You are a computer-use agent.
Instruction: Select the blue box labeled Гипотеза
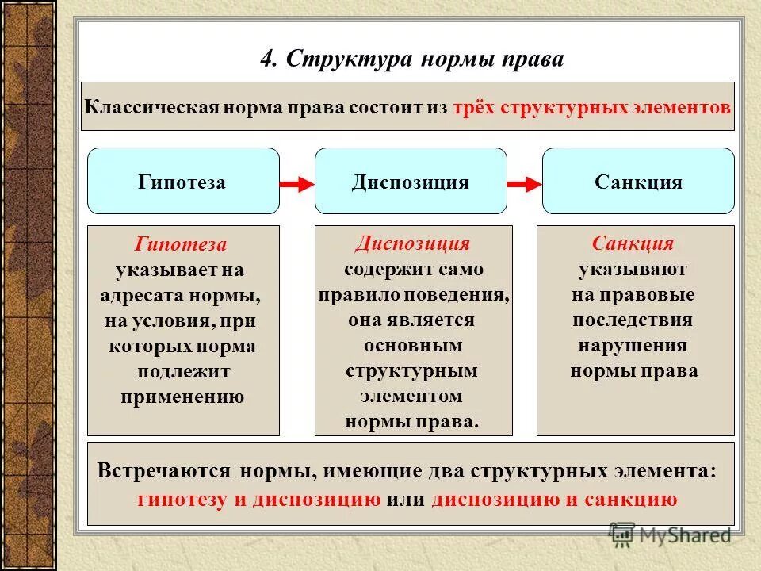tap(183, 182)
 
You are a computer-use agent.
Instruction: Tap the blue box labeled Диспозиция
tap(411, 182)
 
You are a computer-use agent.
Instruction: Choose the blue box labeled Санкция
tap(638, 182)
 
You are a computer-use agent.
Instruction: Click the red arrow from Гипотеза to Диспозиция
tap(297, 184)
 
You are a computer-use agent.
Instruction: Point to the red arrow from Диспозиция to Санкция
tap(524, 184)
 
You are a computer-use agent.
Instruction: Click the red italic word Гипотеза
tap(182, 244)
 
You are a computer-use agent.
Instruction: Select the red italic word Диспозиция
tap(412, 243)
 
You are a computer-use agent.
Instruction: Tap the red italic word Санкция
tap(633, 243)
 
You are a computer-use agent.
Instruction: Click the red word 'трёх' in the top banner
tap(474, 107)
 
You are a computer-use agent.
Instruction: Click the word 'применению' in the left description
tap(182, 397)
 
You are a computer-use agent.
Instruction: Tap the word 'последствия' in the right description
tap(633, 320)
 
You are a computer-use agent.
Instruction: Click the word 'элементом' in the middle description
tap(412, 396)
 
